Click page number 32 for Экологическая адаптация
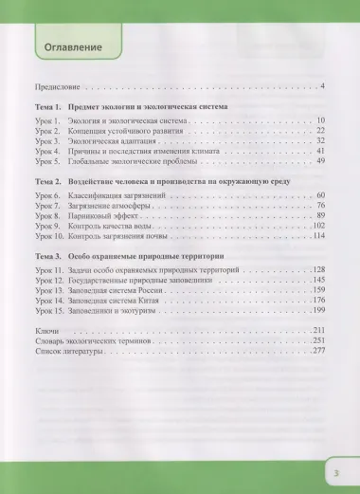(x=320, y=139)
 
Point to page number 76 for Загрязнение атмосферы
(x=320, y=204)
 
